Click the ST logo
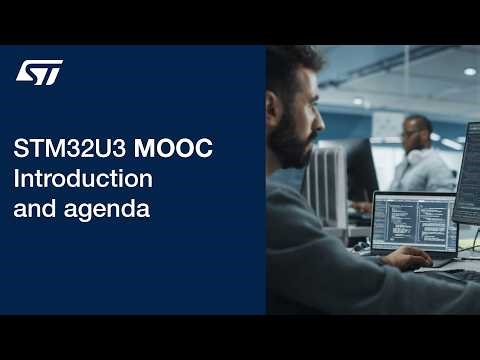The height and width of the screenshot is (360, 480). [x=40, y=72]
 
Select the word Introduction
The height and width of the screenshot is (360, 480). [x=83, y=180]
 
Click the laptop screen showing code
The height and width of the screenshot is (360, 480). [x=413, y=221]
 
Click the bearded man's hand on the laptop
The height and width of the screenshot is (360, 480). [x=406, y=258]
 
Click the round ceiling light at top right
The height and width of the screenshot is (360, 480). [x=469, y=72]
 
